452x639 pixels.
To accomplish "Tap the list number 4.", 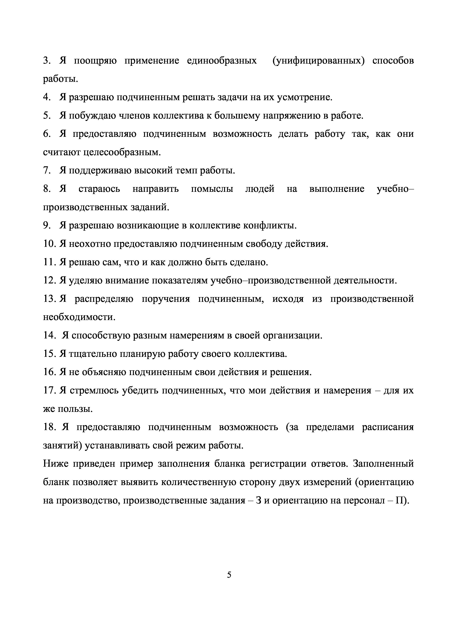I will click(46, 97).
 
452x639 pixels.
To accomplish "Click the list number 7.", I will click(46, 170).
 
